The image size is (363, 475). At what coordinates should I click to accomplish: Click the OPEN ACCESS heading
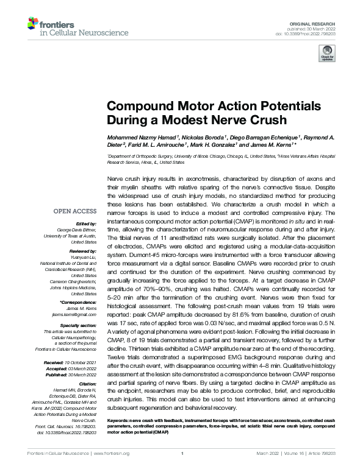pyautogui.click(x=74, y=211)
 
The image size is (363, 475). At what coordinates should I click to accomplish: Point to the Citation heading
pyautogui.click(x=88, y=383)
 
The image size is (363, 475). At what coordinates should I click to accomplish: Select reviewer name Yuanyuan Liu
pyautogui.click(x=84, y=256)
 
